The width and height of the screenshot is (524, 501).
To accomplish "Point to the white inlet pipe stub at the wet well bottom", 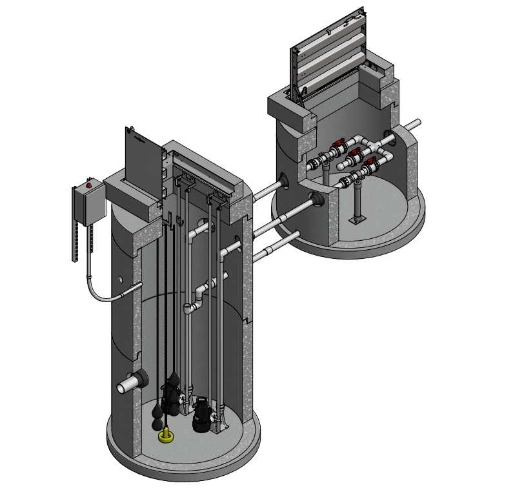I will point(125,387).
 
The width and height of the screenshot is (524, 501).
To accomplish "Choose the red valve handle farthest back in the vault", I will point(337,143).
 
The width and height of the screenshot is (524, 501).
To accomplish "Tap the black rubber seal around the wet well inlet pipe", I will point(139,380).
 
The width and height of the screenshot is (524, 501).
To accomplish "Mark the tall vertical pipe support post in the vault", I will point(357,200).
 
